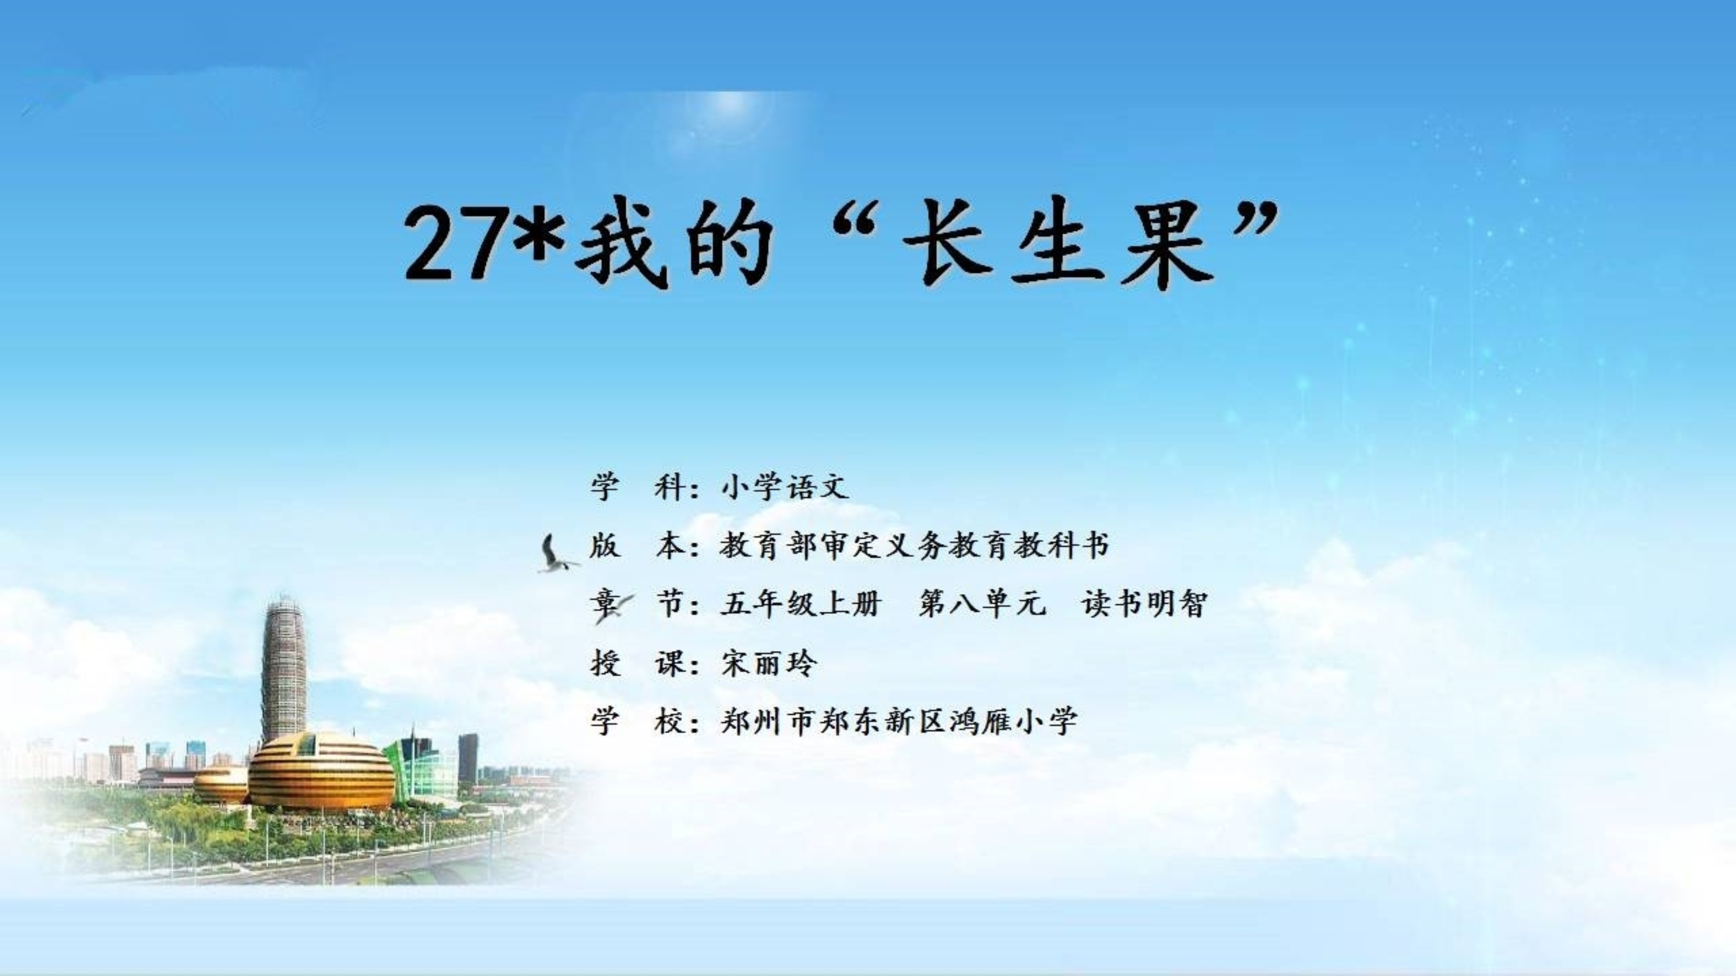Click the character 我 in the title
click(621, 244)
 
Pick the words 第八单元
click(982, 603)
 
